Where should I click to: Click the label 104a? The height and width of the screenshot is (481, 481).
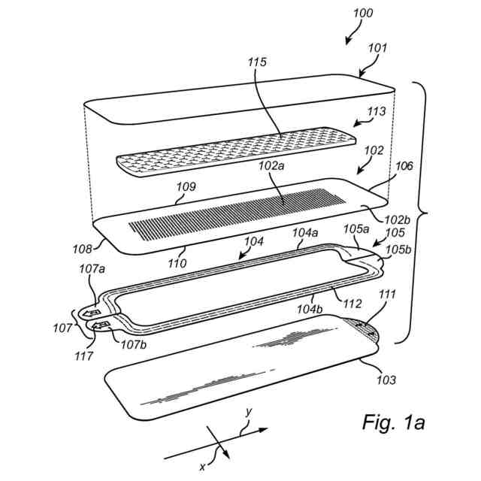tap(304, 232)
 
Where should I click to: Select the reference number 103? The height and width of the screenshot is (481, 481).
tap(386, 380)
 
